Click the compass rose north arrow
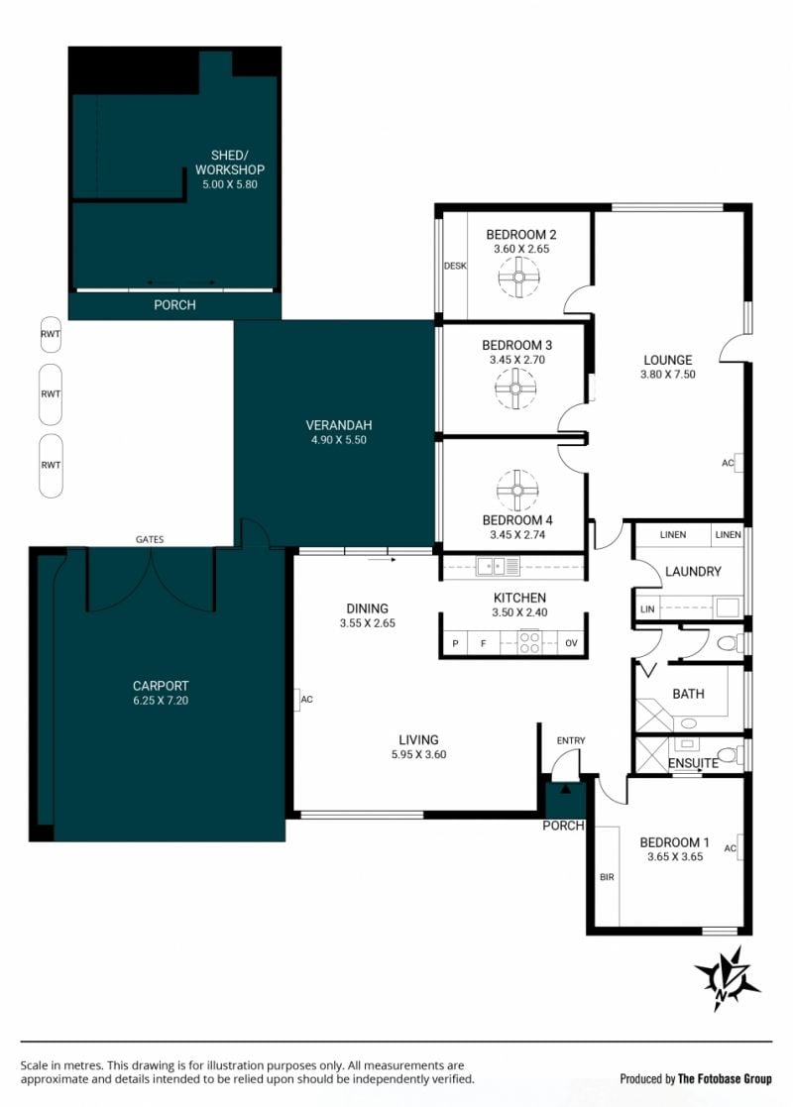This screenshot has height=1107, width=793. click(x=728, y=979)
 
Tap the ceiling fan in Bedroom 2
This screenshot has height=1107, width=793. click(x=519, y=277)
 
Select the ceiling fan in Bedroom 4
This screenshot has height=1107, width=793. click(x=517, y=491)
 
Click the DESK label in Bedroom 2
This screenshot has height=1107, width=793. click(x=455, y=267)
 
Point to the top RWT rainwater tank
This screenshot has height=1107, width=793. click(x=51, y=334)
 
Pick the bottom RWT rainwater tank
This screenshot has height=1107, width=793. click(x=51, y=465)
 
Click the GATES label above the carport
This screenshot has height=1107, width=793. click(x=150, y=539)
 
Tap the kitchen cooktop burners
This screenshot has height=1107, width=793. click(x=529, y=642)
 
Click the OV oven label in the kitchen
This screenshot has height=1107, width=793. click(x=571, y=643)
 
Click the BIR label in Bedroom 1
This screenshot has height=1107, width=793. click(x=608, y=877)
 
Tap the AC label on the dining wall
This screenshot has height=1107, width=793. click(x=307, y=700)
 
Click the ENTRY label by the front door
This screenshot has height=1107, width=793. click(x=571, y=740)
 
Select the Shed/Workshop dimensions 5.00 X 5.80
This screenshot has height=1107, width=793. click(x=230, y=184)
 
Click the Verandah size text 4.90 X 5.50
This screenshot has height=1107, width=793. click(x=339, y=440)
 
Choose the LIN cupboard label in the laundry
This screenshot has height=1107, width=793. click(x=647, y=609)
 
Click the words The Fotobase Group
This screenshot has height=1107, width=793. click(x=726, y=1079)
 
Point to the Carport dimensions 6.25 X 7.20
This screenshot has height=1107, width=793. click(x=161, y=701)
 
